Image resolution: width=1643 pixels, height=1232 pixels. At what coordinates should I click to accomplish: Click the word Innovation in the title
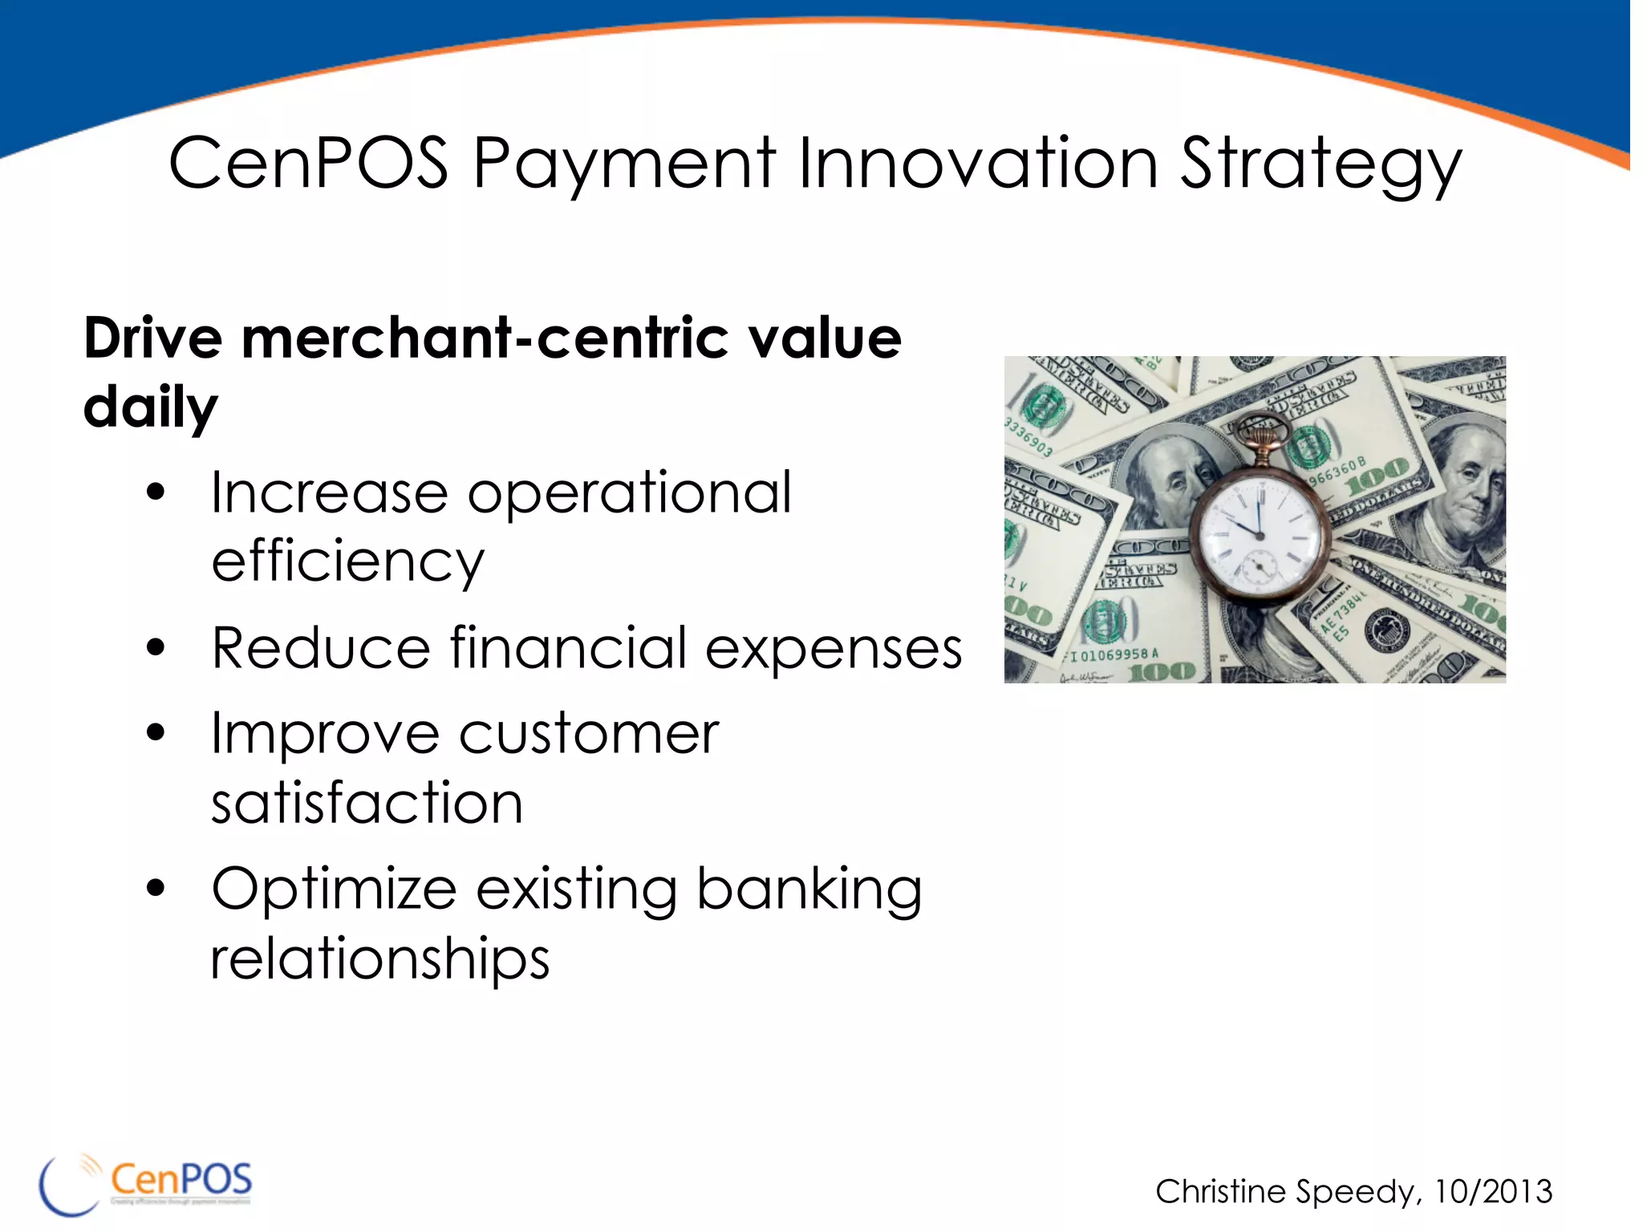click(x=978, y=164)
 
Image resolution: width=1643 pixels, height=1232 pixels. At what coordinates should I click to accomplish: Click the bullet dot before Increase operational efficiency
click(x=156, y=492)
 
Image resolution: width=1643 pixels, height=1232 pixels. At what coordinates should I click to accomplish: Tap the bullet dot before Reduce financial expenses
click(x=156, y=647)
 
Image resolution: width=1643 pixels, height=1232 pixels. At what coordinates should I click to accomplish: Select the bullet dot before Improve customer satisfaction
click(x=156, y=732)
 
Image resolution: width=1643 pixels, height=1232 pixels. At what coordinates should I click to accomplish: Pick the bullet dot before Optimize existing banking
click(x=156, y=888)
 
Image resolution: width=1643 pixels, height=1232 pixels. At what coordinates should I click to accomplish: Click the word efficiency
click(x=347, y=562)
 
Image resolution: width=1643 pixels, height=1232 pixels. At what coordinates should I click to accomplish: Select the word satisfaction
click(x=367, y=803)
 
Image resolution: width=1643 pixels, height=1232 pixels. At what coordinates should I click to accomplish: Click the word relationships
click(x=379, y=959)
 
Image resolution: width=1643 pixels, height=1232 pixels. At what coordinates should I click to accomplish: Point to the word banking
click(x=809, y=890)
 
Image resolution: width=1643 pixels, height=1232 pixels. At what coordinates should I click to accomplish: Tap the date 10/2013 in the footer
click(x=1493, y=1192)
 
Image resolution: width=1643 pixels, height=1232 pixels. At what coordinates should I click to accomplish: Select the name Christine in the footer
click(x=1220, y=1192)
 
